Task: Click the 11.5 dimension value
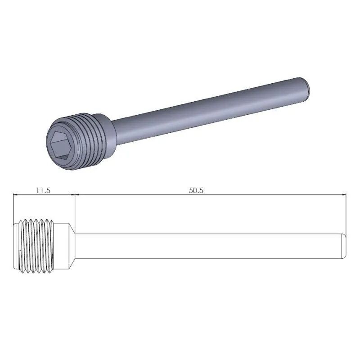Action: point(43,190)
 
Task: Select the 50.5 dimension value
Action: point(196,190)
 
